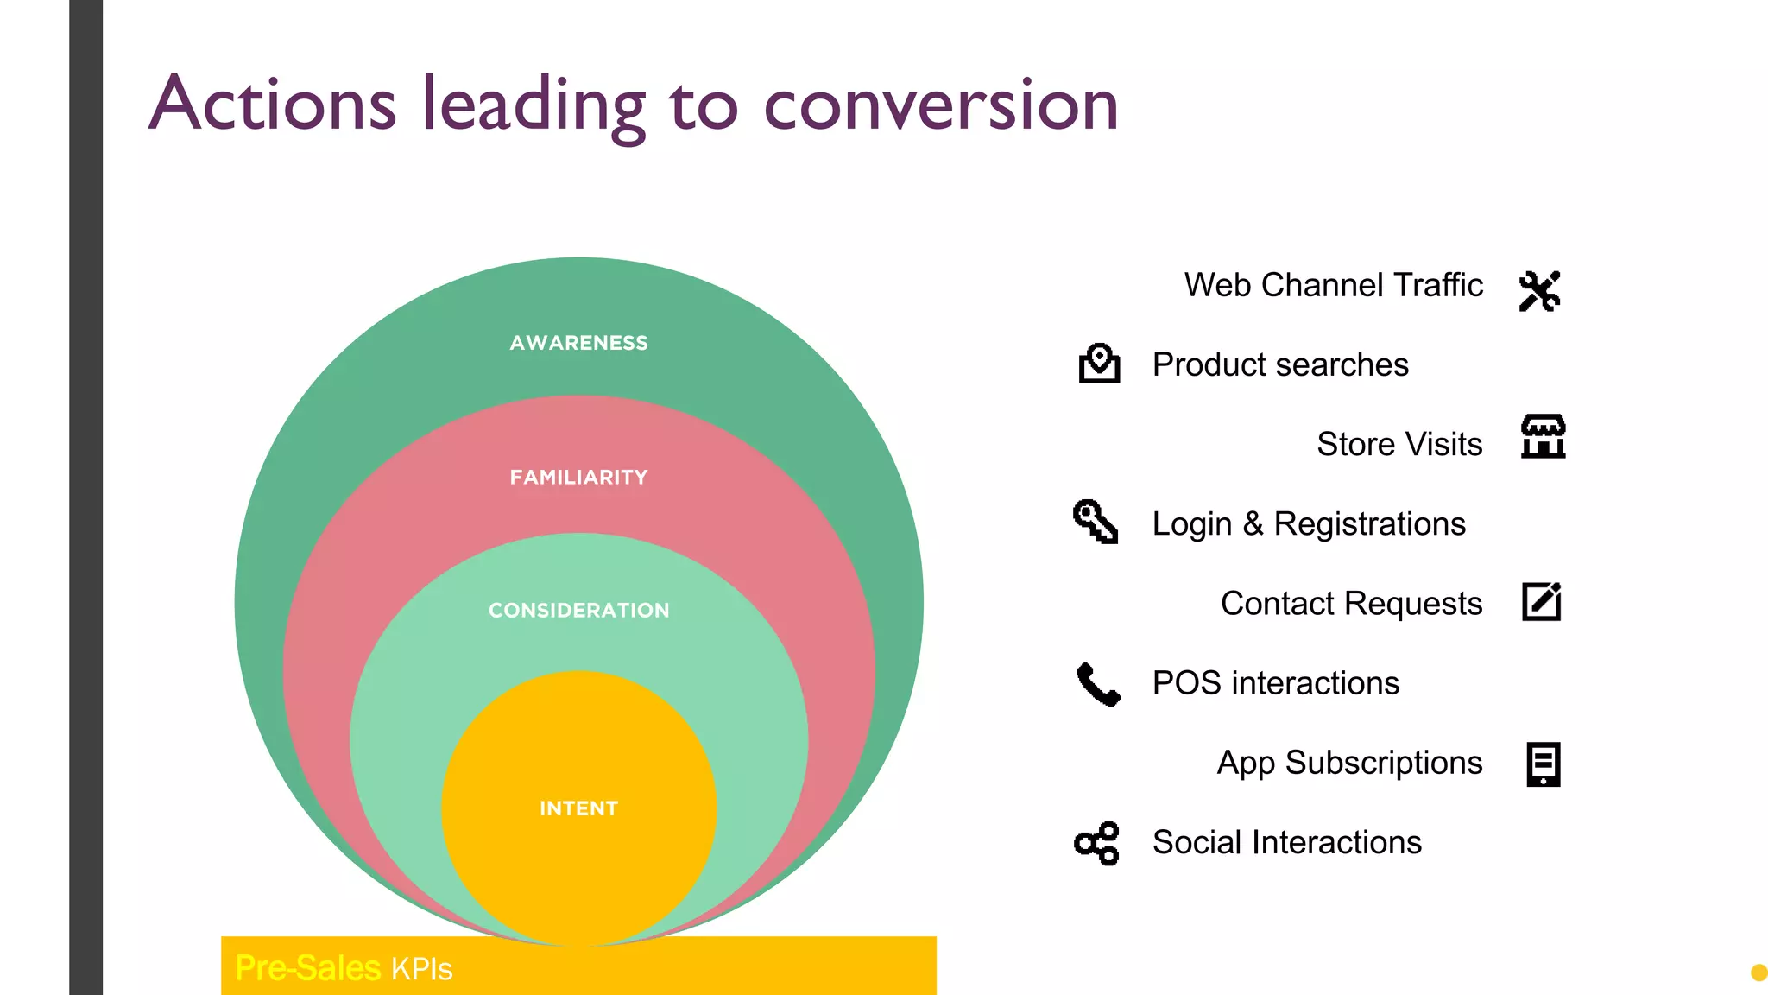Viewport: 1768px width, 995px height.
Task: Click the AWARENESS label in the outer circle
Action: pyautogui.click(x=578, y=343)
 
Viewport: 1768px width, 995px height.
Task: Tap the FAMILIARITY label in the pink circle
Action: pyautogui.click(x=578, y=477)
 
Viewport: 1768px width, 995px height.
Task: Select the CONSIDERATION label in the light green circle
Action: pyautogui.click(x=578, y=610)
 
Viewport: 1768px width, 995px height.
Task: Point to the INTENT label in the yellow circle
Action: pyautogui.click(x=578, y=808)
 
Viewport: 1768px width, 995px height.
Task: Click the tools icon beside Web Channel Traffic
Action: pyautogui.click(x=1540, y=291)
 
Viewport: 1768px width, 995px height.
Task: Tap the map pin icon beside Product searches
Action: pyautogui.click(x=1099, y=364)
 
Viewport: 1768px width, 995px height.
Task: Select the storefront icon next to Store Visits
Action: pyautogui.click(x=1543, y=436)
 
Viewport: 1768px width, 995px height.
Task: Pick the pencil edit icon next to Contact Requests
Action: pyautogui.click(x=1542, y=602)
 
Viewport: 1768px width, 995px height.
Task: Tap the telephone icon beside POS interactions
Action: pyautogui.click(x=1098, y=684)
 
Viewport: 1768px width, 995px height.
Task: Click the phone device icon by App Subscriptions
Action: pyautogui.click(x=1543, y=764)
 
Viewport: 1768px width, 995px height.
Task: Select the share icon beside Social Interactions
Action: pyautogui.click(x=1097, y=843)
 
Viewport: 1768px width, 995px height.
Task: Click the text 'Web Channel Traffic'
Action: pyautogui.click(x=1333, y=285)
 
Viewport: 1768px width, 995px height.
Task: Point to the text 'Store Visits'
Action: pyautogui.click(x=1399, y=444)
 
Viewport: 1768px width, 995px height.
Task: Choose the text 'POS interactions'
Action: pyautogui.click(x=1275, y=683)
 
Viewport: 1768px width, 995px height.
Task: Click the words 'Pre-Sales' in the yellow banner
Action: pyautogui.click(x=307, y=968)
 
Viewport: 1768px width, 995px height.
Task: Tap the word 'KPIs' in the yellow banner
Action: pyautogui.click(x=421, y=969)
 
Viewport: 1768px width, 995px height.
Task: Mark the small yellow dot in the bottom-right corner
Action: pyautogui.click(x=1759, y=973)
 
